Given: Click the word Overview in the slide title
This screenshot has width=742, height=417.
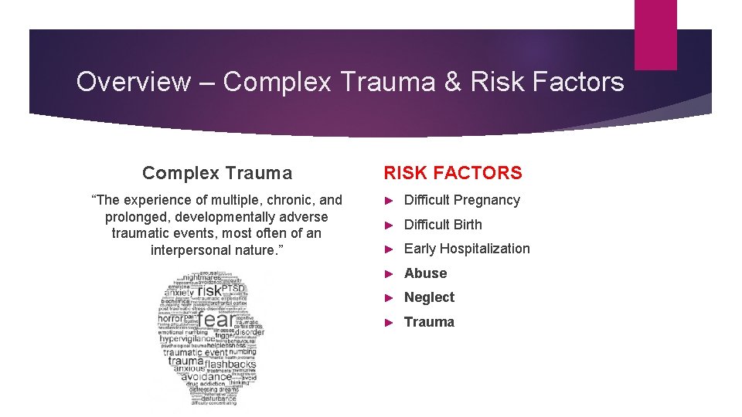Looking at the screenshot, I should pos(133,82).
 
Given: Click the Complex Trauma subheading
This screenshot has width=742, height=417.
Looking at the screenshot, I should pos(217,174).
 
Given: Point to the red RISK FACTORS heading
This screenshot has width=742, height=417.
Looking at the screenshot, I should pos(453,174).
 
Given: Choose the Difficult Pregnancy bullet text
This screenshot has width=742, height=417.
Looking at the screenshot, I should pos(461,200).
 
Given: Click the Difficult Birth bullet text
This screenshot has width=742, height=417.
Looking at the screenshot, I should pos(442,225).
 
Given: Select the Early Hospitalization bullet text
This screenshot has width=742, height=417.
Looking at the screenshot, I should pos(467,249).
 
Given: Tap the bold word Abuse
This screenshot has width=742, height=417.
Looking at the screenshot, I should pos(425,273).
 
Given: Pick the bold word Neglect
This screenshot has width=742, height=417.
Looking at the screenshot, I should pos(429,297).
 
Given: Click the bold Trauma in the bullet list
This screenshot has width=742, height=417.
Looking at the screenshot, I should pos(429,322).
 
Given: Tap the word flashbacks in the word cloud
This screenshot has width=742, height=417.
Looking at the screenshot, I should pos(224,364).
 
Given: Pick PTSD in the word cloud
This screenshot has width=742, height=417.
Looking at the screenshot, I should pos(233,288).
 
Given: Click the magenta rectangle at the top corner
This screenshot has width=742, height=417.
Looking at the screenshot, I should pos(655,34).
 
